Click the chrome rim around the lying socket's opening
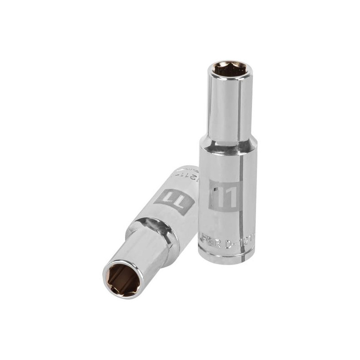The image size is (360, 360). click(112, 281)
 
